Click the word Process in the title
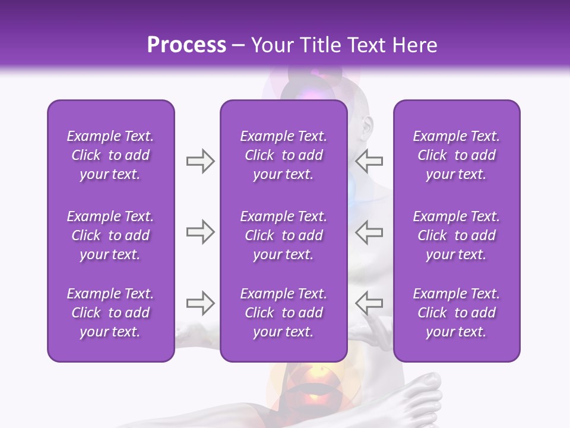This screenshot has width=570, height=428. pos(186,45)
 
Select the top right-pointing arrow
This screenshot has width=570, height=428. pos(200,160)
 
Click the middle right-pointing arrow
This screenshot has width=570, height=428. pos(200,232)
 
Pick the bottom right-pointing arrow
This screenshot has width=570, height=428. pos(200,303)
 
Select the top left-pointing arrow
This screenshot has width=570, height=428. pos(369,160)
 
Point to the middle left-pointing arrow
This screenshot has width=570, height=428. pos(369,232)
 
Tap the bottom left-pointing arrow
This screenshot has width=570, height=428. pos(369,303)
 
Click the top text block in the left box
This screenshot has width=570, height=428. pos(110,155)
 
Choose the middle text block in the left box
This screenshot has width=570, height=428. pos(110,235)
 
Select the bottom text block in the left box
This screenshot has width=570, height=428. pos(110,313)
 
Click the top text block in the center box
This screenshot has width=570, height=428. pos(284,155)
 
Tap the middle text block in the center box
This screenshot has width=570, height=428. pos(284,235)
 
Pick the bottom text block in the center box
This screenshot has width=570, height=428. pos(284,313)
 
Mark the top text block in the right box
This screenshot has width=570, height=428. pos(457,155)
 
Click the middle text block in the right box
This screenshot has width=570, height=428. pos(457,235)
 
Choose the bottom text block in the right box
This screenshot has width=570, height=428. pos(457,313)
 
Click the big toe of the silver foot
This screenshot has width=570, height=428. pos(430,384)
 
